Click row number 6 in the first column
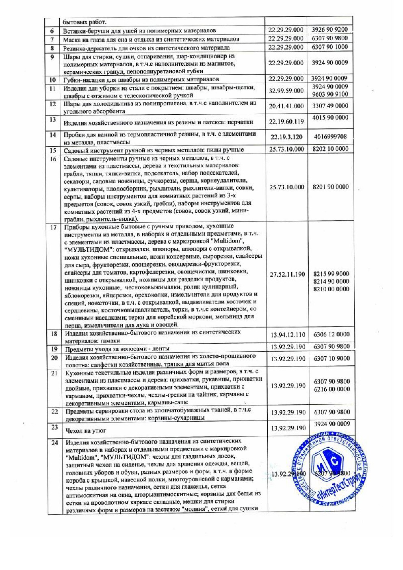(x=52, y=31)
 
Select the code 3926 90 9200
(x=329, y=30)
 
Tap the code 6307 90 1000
(x=329, y=47)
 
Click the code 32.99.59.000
(x=286, y=91)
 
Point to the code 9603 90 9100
(x=330, y=94)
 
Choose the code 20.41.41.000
(x=286, y=106)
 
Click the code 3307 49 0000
(x=330, y=106)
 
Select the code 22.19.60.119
(x=286, y=121)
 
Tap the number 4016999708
(x=330, y=137)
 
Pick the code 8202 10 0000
(x=330, y=149)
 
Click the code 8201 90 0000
(x=330, y=187)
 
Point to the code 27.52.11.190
(x=287, y=274)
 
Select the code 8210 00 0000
(x=331, y=289)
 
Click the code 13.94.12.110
(x=288, y=335)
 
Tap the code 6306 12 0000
(x=331, y=334)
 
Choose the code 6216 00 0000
(x=331, y=389)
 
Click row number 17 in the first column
(x=54, y=227)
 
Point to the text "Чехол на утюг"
(x=86, y=430)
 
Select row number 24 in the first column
(x=55, y=442)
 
